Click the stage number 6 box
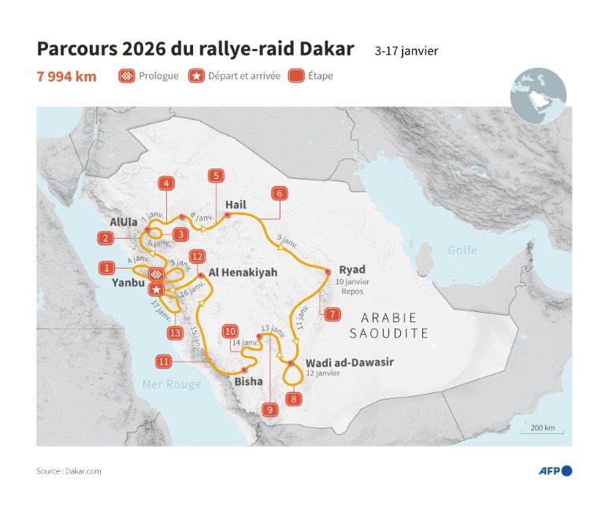tap(278, 193)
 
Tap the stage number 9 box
tap(269, 410)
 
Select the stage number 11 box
tap(165, 362)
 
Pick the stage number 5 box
tap(215, 176)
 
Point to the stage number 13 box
tap(176, 333)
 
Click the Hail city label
tap(236, 205)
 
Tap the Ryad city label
tap(351, 269)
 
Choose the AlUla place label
tap(124, 222)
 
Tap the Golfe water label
tap(462, 250)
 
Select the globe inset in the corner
tap(538, 95)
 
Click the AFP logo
tap(555, 471)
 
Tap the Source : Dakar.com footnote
tap(69, 471)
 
